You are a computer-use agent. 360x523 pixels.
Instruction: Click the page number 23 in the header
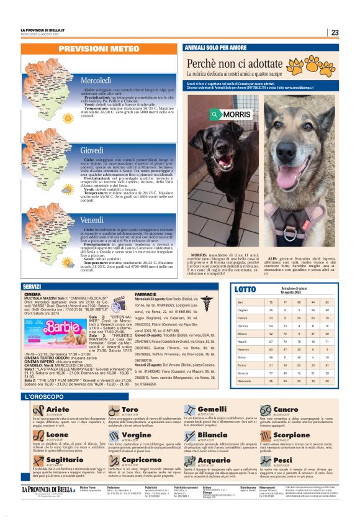click(x=335, y=33)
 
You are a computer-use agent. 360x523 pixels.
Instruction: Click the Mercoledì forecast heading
click(x=96, y=81)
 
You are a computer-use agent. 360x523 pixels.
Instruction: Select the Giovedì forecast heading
click(x=92, y=150)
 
